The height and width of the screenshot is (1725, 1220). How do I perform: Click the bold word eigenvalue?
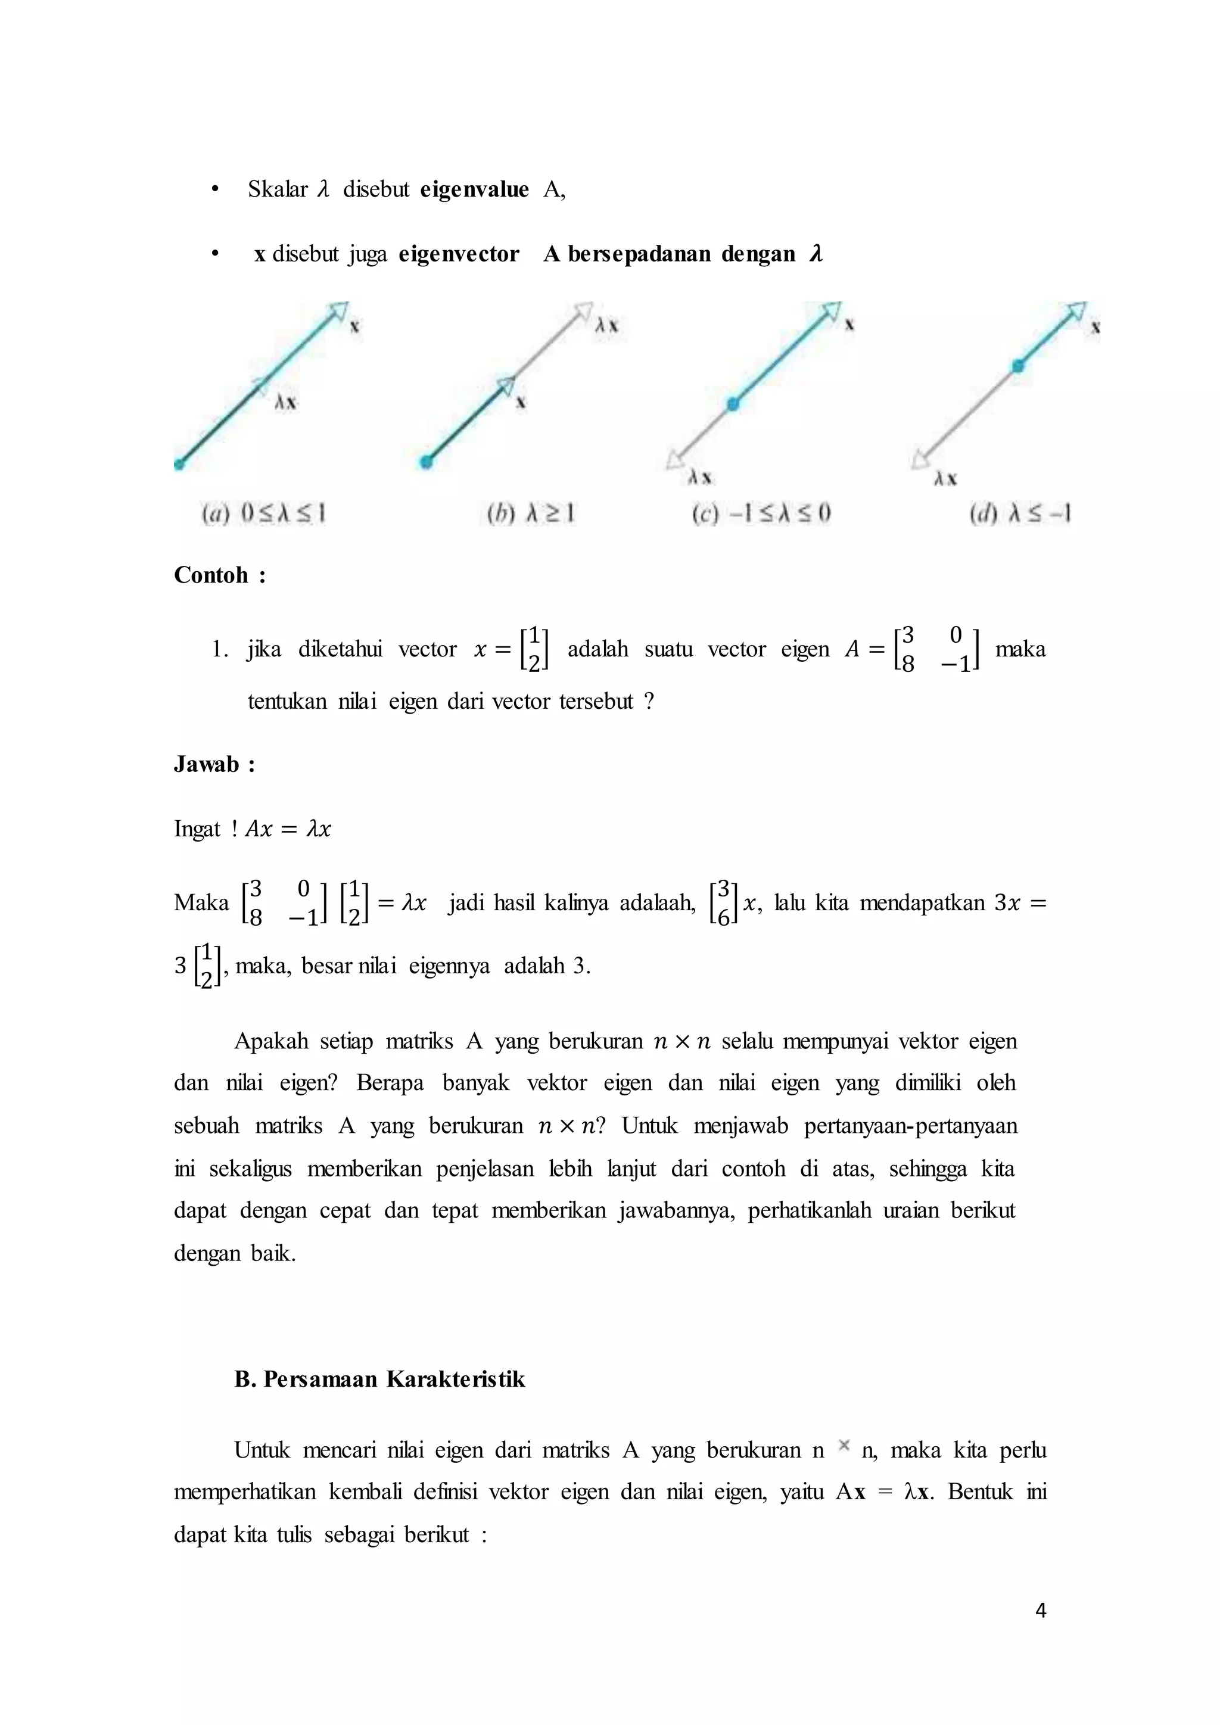(x=474, y=189)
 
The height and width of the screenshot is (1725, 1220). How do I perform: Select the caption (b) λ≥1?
(x=530, y=514)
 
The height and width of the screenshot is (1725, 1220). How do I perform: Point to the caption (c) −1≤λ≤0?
(x=760, y=514)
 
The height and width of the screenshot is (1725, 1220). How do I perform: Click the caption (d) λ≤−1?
(x=1019, y=514)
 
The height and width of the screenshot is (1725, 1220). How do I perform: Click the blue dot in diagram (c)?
(x=733, y=405)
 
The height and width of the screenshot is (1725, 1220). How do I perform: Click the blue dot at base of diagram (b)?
(x=426, y=462)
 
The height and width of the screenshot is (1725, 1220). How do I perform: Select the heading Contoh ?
(x=219, y=575)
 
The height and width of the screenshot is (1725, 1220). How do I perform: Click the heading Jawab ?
(x=214, y=764)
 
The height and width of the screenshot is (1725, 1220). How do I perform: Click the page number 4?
(x=1041, y=1610)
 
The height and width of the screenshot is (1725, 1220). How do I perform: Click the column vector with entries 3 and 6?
(x=723, y=902)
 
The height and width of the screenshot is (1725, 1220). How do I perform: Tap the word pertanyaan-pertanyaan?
(x=910, y=1125)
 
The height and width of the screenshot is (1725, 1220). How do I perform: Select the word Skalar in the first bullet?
(x=278, y=189)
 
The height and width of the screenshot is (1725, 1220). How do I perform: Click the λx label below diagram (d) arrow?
(x=945, y=478)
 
